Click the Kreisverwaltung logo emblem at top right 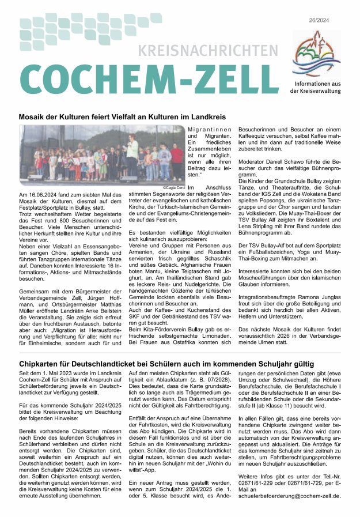(x=316, y=51)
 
